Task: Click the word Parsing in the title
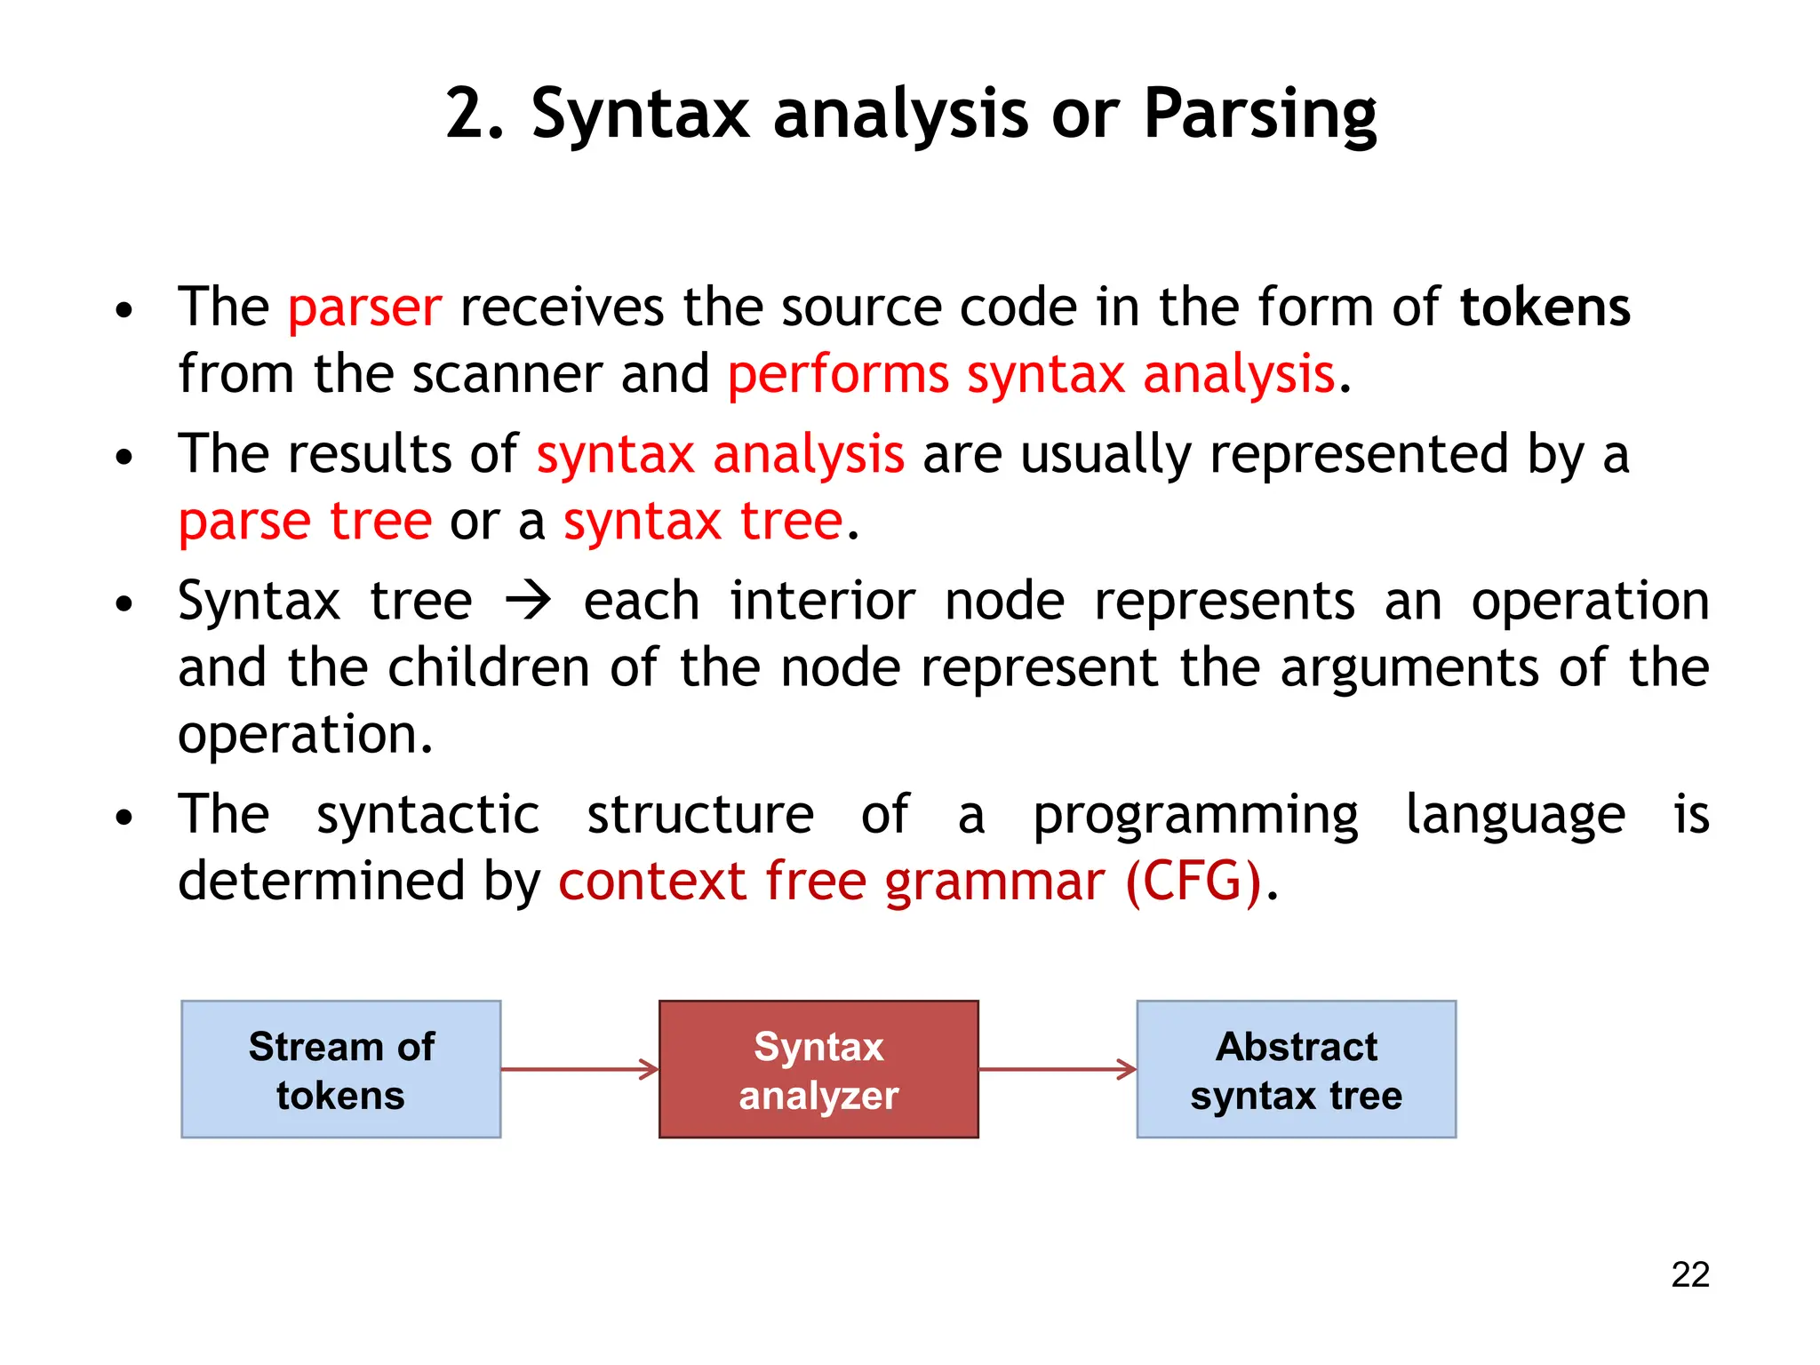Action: coord(1259,116)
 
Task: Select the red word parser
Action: coord(364,308)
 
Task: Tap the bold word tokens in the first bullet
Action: coord(1545,308)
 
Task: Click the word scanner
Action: coord(507,374)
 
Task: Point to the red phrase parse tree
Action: coord(305,522)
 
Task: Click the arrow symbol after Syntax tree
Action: coord(528,602)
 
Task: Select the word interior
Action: coord(822,602)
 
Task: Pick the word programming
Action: coord(1195,815)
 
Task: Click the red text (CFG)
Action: coord(1193,882)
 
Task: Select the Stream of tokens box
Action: coord(341,1069)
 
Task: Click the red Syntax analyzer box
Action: coord(818,1069)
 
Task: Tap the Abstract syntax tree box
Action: coord(1296,1069)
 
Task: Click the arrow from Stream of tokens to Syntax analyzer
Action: coord(579,1069)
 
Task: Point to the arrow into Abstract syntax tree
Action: coord(1058,1069)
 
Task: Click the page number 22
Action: coord(1689,1274)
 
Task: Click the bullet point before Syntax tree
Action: coord(124,604)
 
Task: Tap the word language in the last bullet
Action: coord(1515,815)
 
